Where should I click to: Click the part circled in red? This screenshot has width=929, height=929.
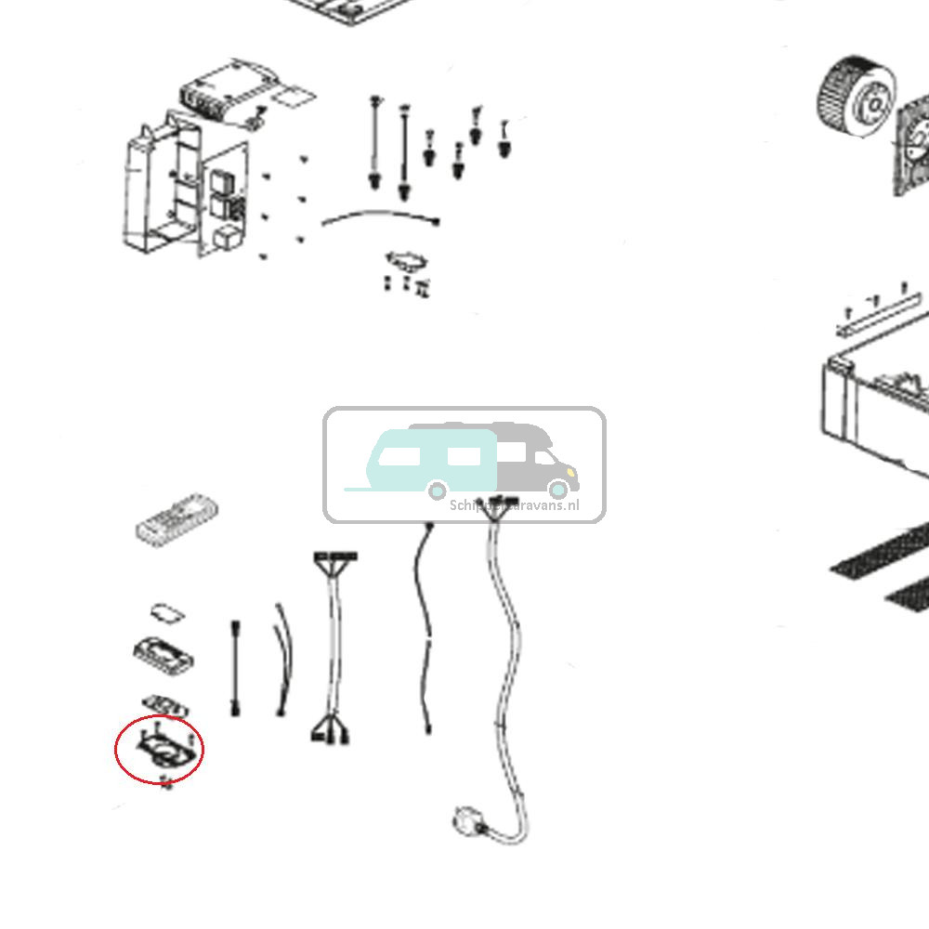(164, 750)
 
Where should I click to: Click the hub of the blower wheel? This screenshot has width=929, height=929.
(873, 104)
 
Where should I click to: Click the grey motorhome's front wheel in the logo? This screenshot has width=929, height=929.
(558, 490)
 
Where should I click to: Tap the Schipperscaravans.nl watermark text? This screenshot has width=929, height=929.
(514, 506)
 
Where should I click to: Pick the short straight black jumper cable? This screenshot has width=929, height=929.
(236, 668)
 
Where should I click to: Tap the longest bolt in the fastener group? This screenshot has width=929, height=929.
(404, 153)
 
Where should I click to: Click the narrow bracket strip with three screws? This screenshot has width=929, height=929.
(877, 313)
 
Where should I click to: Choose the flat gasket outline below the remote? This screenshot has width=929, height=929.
(166, 613)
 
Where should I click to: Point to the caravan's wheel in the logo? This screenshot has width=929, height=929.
(436, 490)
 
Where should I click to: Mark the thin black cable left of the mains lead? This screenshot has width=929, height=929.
(425, 632)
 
